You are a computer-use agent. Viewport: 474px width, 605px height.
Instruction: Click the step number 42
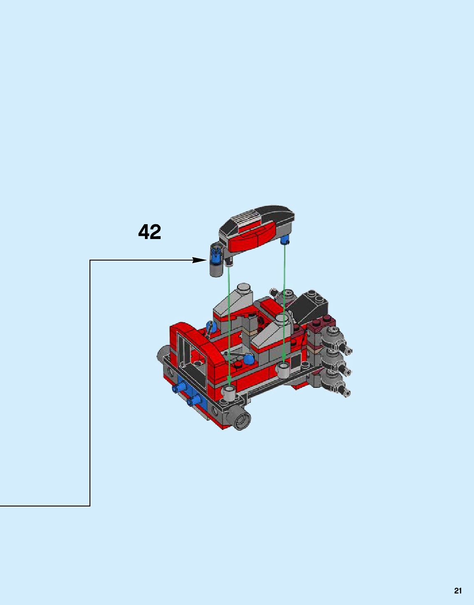click(149, 232)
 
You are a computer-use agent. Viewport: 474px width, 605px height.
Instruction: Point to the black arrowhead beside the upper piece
click(200, 260)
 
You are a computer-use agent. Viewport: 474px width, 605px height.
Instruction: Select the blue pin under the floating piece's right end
click(285, 240)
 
